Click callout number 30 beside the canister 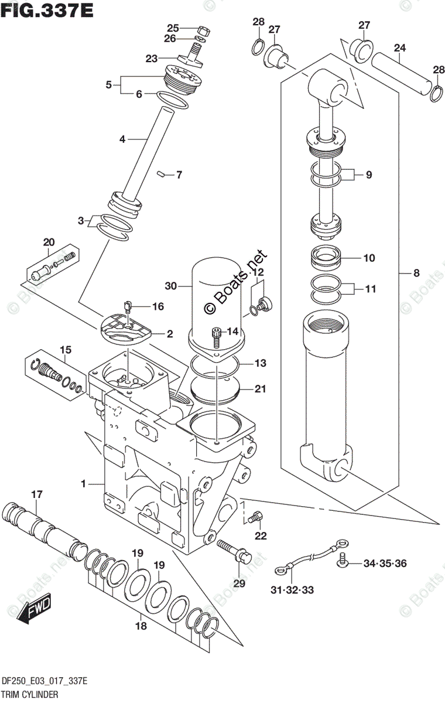point(170,286)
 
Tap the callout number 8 point(416,272)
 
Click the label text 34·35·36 point(385,564)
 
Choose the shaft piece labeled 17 point(41,523)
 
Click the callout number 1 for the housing point(84,484)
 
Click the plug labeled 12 point(263,303)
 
